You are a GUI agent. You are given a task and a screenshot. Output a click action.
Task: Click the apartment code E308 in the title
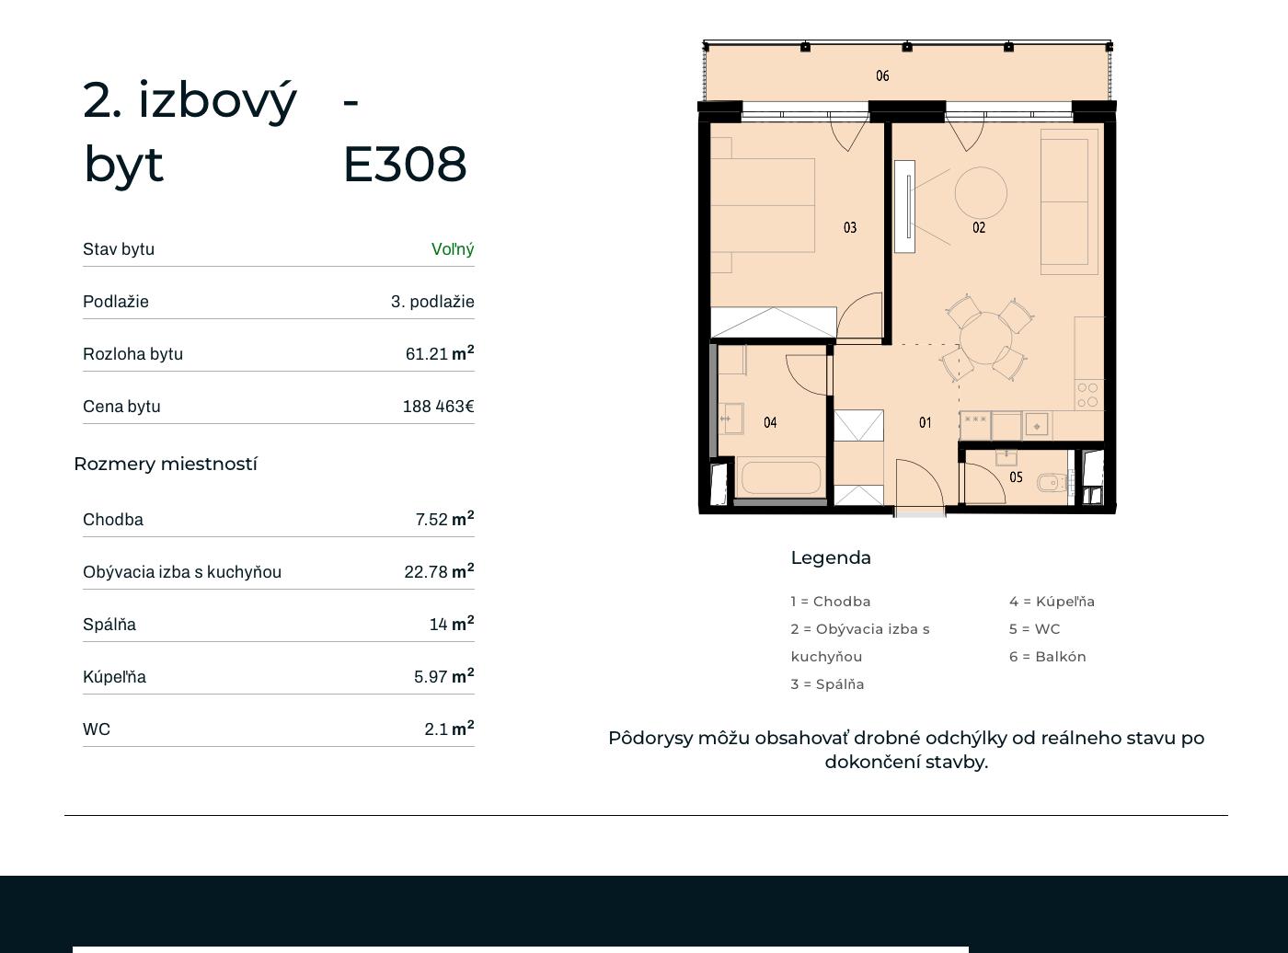(406, 165)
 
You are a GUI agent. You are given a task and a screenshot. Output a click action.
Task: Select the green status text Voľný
(453, 249)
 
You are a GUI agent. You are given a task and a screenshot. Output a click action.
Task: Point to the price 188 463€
(439, 407)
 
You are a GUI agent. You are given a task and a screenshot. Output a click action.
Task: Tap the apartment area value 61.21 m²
(440, 353)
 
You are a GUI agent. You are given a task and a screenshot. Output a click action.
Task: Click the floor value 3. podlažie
(432, 302)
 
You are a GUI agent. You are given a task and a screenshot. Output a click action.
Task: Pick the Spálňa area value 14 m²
(452, 624)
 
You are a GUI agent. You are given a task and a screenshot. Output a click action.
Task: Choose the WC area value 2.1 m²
(449, 729)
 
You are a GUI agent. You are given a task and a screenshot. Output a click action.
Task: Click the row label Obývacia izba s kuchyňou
(182, 572)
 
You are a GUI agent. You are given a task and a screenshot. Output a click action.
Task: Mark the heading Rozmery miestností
(166, 464)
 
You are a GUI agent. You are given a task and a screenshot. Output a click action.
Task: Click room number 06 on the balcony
(882, 75)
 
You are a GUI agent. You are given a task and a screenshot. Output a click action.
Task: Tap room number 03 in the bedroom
(849, 227)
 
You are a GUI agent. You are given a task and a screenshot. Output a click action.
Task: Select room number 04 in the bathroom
(770, 423)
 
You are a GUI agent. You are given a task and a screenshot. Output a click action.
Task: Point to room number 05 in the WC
(1016, 477)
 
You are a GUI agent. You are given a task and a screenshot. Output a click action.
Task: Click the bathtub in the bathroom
(781, 478)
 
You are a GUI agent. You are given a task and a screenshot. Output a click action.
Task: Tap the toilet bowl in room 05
(1051, 483)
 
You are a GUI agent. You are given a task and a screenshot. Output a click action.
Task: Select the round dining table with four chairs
(986, 338)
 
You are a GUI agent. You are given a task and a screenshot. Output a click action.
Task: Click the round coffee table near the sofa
(981, 193)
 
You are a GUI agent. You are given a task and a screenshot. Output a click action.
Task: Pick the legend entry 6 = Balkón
(1048, 657)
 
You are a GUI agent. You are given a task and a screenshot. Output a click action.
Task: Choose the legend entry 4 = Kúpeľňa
(1052, 602)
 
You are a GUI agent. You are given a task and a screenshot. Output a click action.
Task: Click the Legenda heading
(831, 558)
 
